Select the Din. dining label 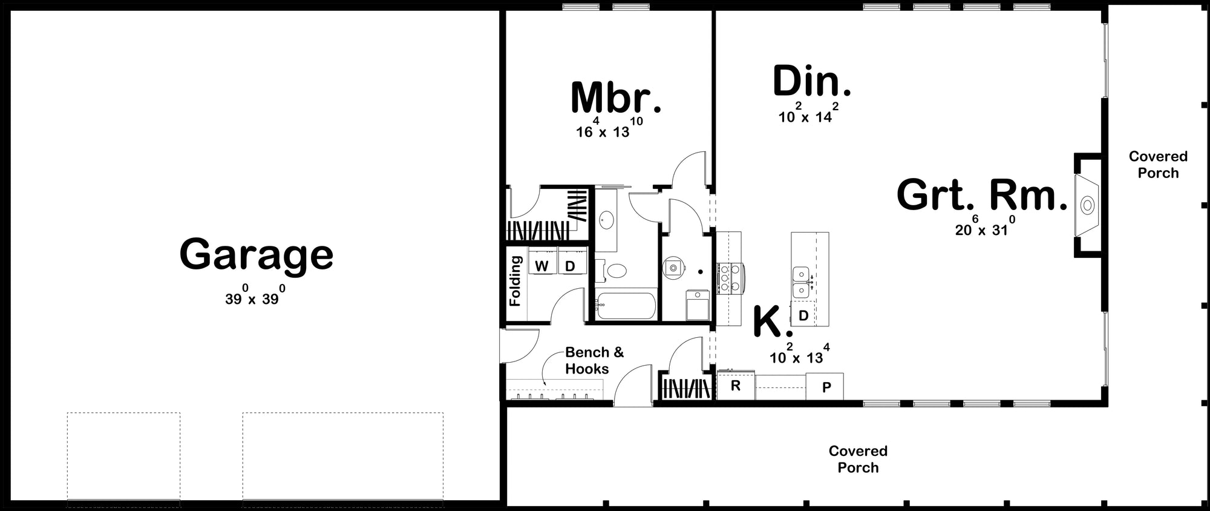click(811, 82)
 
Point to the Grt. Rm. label click(981, 196)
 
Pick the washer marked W click(542, 266)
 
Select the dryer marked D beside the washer click(570, 266)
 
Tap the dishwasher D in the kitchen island click(803, 315)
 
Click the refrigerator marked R click(736, 386)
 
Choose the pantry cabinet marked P click(826, 387)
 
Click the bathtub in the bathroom click(626, 306)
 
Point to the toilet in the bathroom click(618, 271)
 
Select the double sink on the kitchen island click(801, 282)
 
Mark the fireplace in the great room click(1087, 205)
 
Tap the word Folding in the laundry click(515, 281)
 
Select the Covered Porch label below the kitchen click(858, 459)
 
